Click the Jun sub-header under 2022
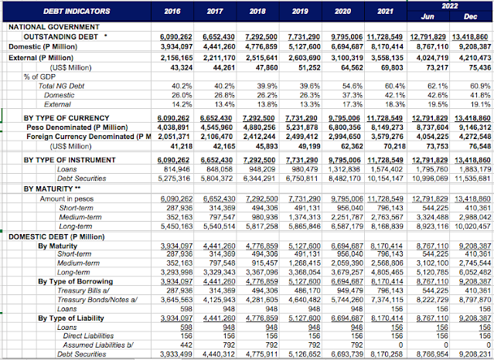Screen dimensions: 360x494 (424, 16)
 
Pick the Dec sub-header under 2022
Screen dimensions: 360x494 (468, 16)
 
